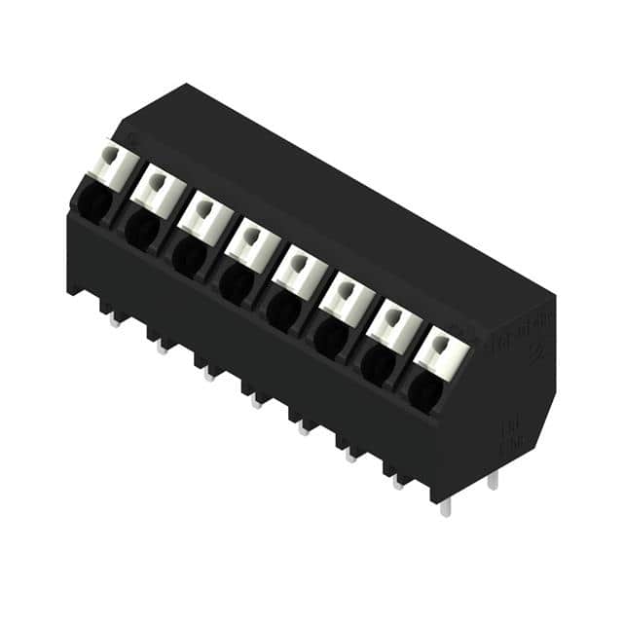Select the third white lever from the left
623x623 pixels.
tap(203, 212)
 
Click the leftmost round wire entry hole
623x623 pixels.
tap(94, 202)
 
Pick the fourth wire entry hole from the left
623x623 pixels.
tap(235, 282)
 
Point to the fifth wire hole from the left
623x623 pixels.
tap(282, 309)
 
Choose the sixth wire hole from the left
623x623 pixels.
tap(329, 336)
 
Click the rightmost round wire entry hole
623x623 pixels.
tap(423, 390)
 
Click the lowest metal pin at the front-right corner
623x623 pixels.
tap(445, 506)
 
